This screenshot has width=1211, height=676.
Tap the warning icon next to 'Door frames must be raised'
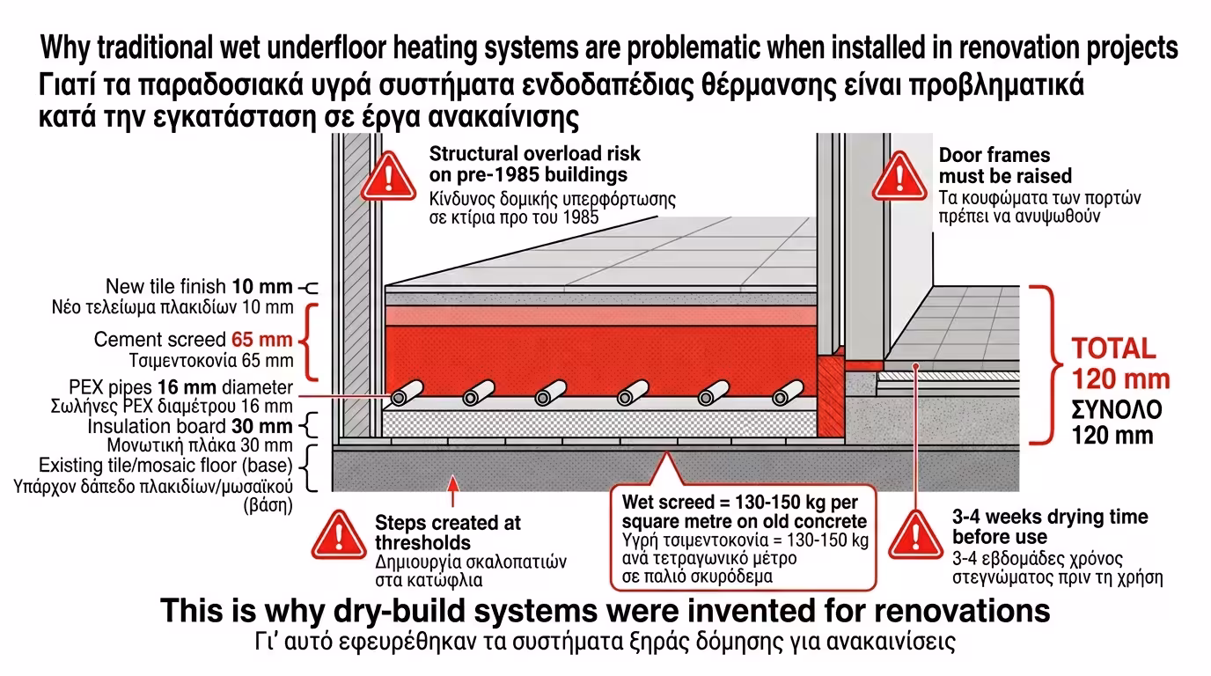899,176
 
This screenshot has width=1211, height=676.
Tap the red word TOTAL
1112,348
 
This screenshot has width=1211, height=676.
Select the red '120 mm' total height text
1120,379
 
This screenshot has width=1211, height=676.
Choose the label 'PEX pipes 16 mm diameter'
180,388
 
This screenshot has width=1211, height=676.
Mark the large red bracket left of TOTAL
1045,364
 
